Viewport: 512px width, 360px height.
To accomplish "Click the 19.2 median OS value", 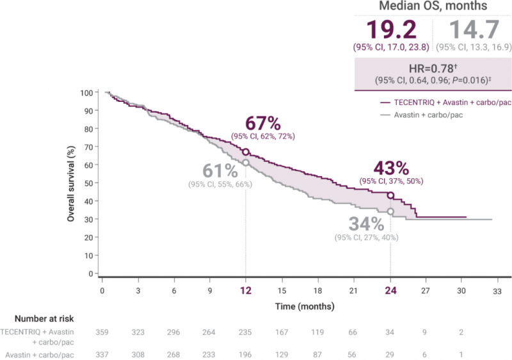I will (x=392, y=31).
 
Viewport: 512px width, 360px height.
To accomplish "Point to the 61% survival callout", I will (x=220, y=171).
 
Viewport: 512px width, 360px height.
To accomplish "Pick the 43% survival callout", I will (x=392, y=168).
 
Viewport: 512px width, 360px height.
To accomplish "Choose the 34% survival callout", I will (x=366, y=224).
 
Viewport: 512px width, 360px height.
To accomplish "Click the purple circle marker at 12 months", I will (x=246, y=152).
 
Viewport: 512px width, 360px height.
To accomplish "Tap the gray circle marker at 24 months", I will (x=390, y=211).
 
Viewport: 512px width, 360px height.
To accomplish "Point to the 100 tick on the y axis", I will (x=86, y=93).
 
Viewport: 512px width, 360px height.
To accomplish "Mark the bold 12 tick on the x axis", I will (x=246, y=290).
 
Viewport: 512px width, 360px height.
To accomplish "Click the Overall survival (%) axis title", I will (x=72, y=183).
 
